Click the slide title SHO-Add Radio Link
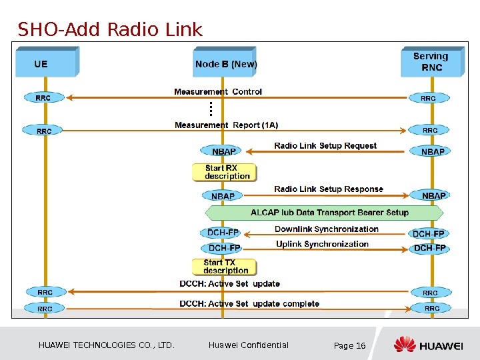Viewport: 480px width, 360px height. [110, 29]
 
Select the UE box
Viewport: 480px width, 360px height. [47, 61]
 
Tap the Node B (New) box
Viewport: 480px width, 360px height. [225, 61]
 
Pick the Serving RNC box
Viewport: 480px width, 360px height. [433, 61]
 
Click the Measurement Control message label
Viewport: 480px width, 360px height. [218, 91]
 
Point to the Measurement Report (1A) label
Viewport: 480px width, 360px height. [226, 125]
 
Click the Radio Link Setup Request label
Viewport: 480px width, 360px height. [325, 145]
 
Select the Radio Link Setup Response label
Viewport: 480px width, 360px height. [329, 189]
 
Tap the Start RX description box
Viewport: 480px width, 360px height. [225, 173]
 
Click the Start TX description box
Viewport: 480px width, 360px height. [225, 267]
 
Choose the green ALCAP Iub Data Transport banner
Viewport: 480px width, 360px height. [324, 213]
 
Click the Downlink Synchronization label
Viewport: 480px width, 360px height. [326, 229]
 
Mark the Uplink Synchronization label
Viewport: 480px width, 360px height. [322, 244]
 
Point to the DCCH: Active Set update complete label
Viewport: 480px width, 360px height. [249, 304]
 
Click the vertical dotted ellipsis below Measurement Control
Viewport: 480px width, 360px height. [211, 109]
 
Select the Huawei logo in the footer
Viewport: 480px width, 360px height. [428, 344]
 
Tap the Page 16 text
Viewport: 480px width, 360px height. [349, 345]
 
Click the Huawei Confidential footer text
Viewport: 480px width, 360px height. [248, 345]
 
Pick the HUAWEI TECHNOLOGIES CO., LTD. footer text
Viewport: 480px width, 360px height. [106, 345]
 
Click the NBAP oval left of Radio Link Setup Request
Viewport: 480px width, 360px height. [221, 151]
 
